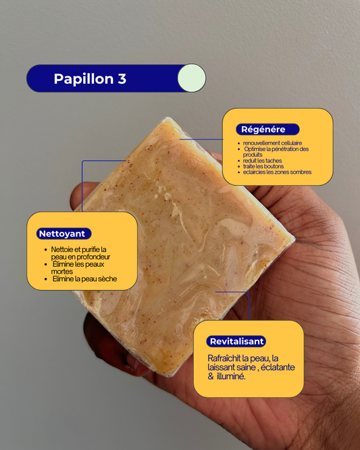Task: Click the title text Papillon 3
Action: [x=90, y=79]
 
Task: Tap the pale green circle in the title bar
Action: [x=191, y=78]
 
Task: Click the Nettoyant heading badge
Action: [x=63, y=234]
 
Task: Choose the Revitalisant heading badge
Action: [x=236, y=341]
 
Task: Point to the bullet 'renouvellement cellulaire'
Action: [x=273, y=143]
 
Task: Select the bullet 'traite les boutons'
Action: [x=264, y=166]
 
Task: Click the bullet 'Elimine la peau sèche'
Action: [x=84, y=279]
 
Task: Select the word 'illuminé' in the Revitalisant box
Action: [x=231, y=376]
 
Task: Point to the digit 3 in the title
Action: [x=122, y=79]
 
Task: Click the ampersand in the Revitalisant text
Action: [x=211, y=376]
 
